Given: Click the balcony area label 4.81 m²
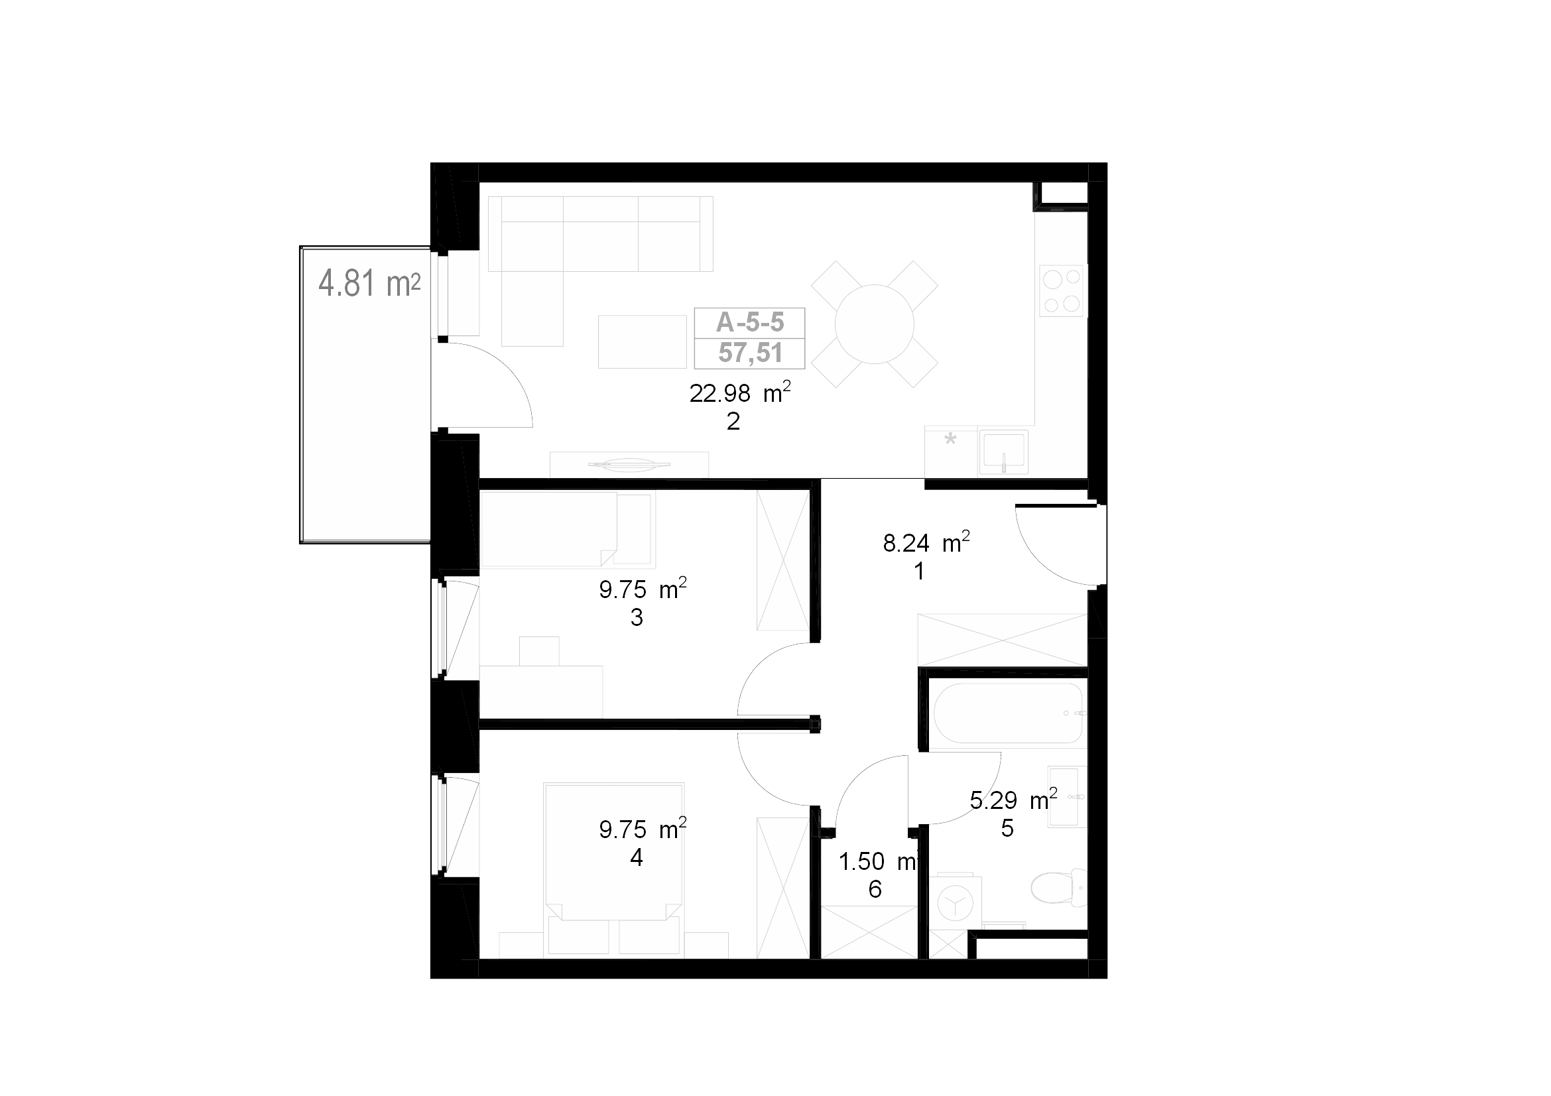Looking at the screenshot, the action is (369, 283).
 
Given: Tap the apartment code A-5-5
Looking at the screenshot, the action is (750, 323).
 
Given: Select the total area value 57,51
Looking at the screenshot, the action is (750, 353).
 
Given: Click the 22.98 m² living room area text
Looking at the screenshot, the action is (740, 393).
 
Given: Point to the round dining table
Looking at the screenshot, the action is (874, 324).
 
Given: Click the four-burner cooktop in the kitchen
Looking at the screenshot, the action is (1062, 291).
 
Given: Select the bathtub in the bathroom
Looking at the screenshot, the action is (1009, 713).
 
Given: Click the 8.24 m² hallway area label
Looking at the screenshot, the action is (926, 543).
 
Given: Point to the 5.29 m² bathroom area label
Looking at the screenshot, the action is (1013, 800).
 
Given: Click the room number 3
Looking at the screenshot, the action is (637, 617).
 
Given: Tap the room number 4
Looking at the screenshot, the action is (637, 857).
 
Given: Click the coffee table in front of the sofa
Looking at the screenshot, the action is (642, 341).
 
